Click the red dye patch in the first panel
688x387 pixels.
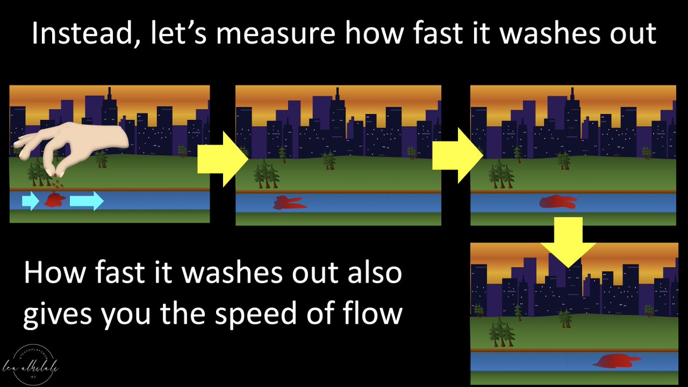coord(56,200)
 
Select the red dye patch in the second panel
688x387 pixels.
coord(290,202)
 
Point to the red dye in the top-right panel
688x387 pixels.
coord(558,201)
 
